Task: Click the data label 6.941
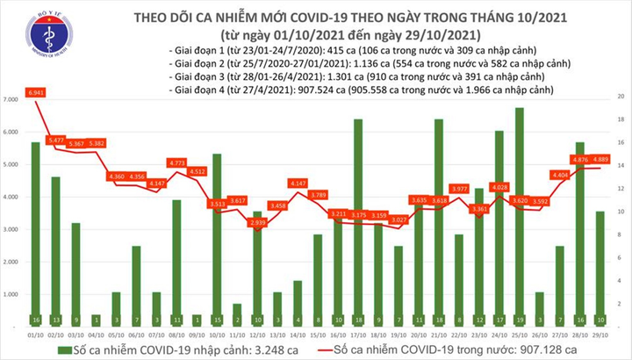[35, 92]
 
